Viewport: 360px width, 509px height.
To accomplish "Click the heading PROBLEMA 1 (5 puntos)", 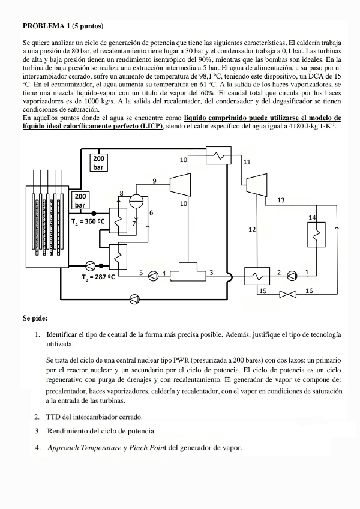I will pyautogui.click(x=63, y=26).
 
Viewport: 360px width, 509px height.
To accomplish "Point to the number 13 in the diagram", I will pyautogui.click(x=281, y=200).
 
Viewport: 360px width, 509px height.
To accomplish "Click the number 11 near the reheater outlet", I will pyautogui.click(x=247, y=162).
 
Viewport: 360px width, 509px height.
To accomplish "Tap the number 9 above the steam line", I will pyautogui.click(x=154, y=181).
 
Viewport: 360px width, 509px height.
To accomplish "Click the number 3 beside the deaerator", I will pyautogui.click(x=211, y=272).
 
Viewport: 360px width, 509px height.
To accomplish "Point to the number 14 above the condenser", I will pyautogui.click(x=312, y=217).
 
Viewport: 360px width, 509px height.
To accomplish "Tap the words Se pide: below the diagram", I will pyautogui.click(x=35, y=318).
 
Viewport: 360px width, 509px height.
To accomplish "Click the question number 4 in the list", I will pyautogui.click(x=37, y=447).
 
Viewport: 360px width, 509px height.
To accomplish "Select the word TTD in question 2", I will pyautogui.click(x=54, y=417).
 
